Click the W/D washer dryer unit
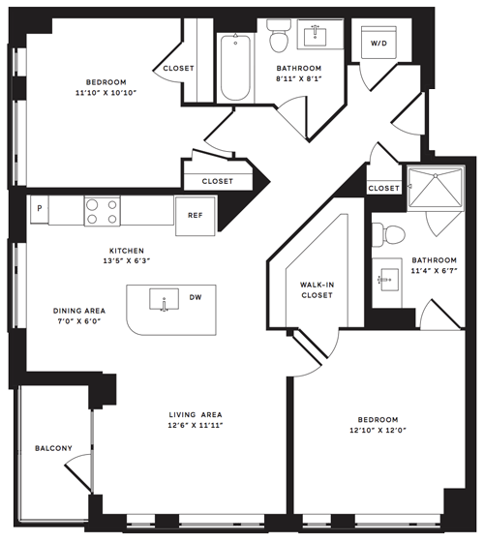(378, 43)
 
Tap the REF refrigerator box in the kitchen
(196, 216)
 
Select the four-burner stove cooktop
(103, 211)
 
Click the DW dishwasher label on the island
(196, 297)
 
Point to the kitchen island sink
(165, 299)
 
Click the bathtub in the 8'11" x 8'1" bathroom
(235, 68)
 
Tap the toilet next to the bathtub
(279, 35)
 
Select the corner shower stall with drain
(436, 189)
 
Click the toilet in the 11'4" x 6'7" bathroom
(388, 235)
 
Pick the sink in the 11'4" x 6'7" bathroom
(387, 280)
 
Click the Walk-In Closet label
(317, 290)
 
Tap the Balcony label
(53, 448)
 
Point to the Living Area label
(196, 415)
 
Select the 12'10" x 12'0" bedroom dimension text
(378, 431)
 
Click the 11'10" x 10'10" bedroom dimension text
(106, 93)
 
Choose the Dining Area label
(79, 311)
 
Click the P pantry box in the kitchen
(40, 209)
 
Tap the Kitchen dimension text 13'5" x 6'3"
(127, 261)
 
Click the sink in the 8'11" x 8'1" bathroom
(315, 36)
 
